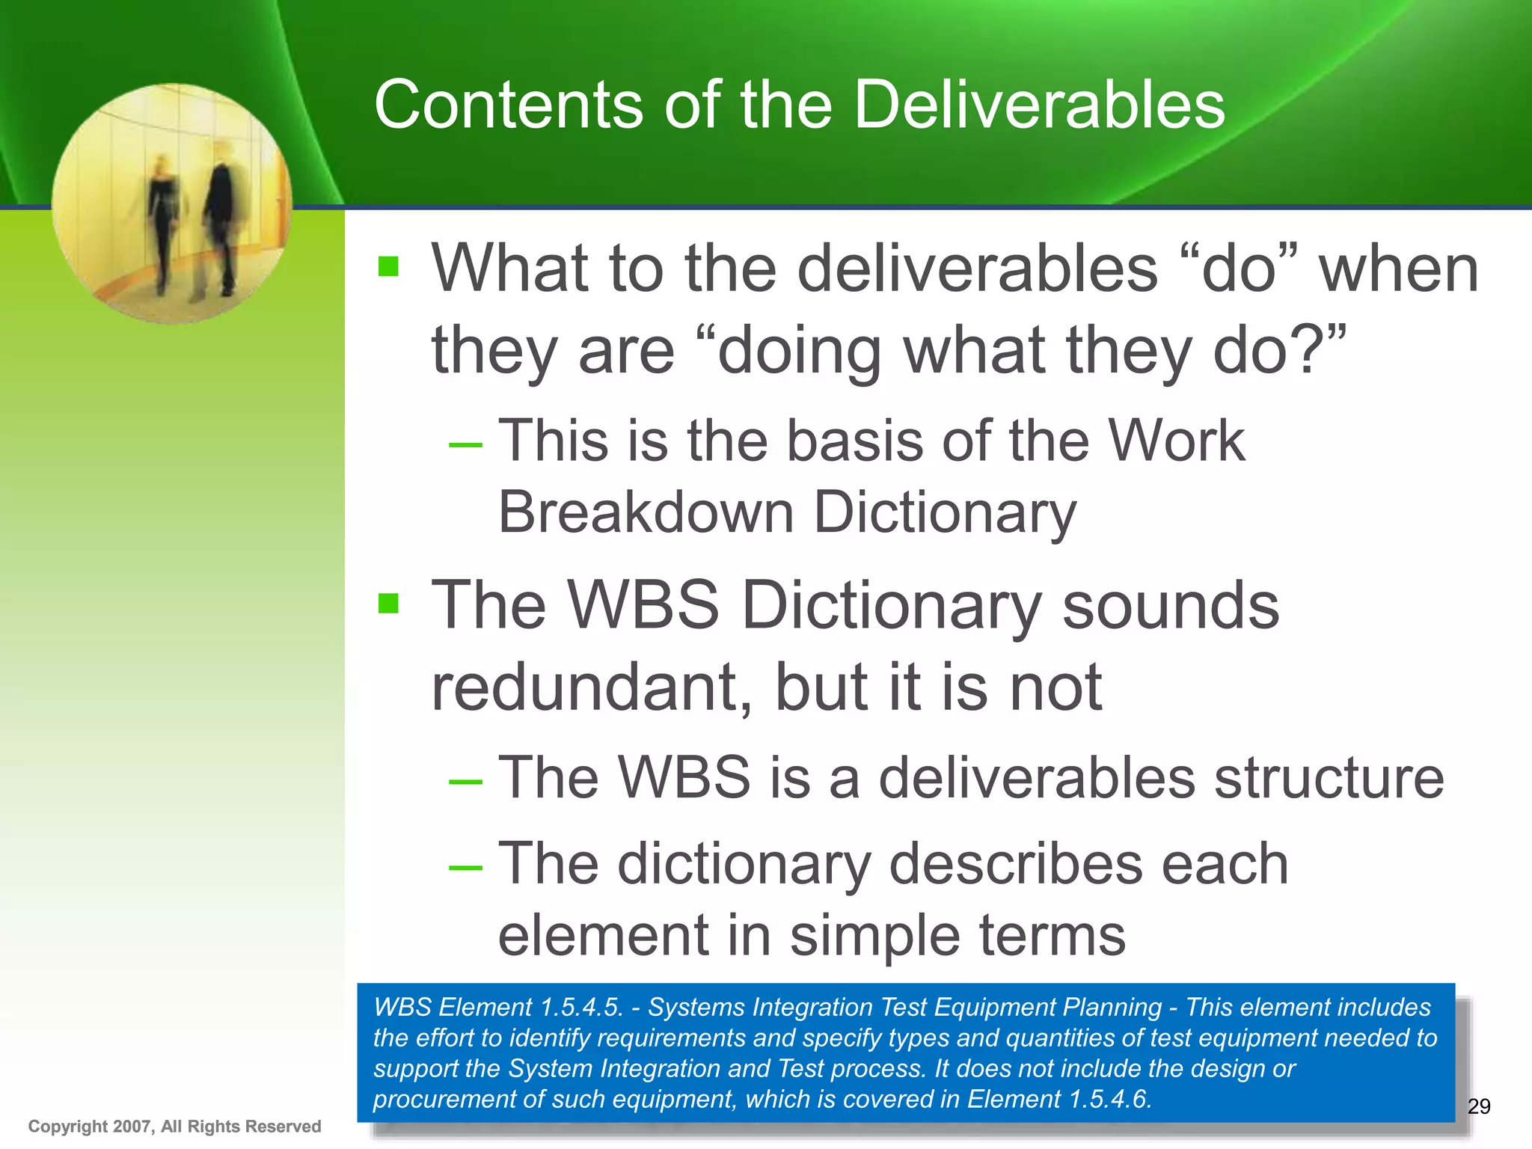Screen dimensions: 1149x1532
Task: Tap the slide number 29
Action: point(1478,1106)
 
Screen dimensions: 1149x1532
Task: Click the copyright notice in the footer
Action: point(174,1126)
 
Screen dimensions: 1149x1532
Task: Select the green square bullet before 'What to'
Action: point(388,266)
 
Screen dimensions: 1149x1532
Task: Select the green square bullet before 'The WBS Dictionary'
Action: point(388,603)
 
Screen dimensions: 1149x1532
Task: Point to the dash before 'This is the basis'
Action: point(465,444)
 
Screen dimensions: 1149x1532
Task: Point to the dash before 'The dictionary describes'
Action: point(465,867)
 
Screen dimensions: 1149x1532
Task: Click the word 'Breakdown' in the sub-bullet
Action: point(646,513)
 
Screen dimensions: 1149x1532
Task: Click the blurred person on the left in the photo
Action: point(162,221)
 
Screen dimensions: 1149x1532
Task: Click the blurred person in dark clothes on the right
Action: point(221,217)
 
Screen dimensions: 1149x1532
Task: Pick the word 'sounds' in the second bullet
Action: point(1171,604)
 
